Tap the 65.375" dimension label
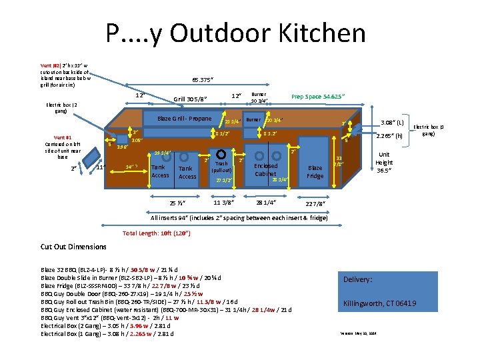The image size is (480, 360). click(x=203, y=79)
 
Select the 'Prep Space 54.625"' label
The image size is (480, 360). click(x=319, y=96)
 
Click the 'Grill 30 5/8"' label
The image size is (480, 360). click(x=190, y=100)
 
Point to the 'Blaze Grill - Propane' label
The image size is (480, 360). click(x=184, y=119)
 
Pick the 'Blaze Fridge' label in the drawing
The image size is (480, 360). click(x=315, y=171)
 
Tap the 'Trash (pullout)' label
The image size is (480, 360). click(x=221, y=167)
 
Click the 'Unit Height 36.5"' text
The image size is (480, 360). click(x=383, y=161)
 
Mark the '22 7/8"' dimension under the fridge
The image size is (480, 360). click(x=315, y=204)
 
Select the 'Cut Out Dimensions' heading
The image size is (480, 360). click(x=73, y=247)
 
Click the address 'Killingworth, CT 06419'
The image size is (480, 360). click(x=380, y=304)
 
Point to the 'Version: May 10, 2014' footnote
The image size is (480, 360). click(x=359, y=332)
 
